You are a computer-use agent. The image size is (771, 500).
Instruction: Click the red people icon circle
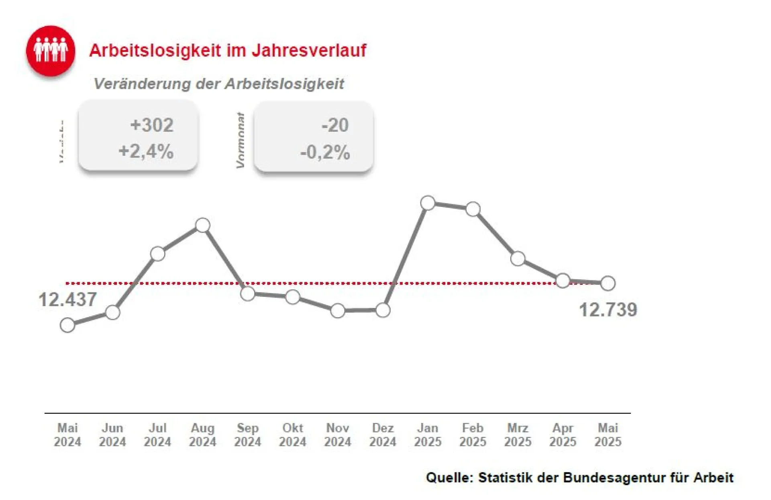point(51,51)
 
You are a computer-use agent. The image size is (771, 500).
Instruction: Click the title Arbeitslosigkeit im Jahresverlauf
point(227,51)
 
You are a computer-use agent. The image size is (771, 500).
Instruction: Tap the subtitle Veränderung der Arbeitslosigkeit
point(218,84)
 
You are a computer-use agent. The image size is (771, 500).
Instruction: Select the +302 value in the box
point(152,125)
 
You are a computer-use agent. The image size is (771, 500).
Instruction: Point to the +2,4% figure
point(146,151)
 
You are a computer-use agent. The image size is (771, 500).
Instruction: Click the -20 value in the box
point(335,125)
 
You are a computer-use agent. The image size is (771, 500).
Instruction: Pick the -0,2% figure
point(325,152)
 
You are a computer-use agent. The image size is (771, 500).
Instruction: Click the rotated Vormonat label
point(241,140)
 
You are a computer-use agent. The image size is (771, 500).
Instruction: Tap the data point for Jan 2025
point(428,203)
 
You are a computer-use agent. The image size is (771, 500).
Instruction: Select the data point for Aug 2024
point(203,225)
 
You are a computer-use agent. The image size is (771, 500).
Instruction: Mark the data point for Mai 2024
point(67,325)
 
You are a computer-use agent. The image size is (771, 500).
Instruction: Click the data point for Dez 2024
point(383,310)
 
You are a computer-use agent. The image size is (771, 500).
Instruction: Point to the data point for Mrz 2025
point(518,259)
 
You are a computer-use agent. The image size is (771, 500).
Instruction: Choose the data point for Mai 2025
point(608,283)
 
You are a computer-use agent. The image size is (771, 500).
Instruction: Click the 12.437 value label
point(67,300)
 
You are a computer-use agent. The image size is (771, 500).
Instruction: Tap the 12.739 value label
point(608,310)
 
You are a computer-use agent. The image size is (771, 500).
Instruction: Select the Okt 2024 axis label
point(293,435)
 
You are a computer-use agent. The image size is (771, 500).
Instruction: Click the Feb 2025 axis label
point(473,435)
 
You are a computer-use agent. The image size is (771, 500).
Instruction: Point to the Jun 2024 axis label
point(112,435)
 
